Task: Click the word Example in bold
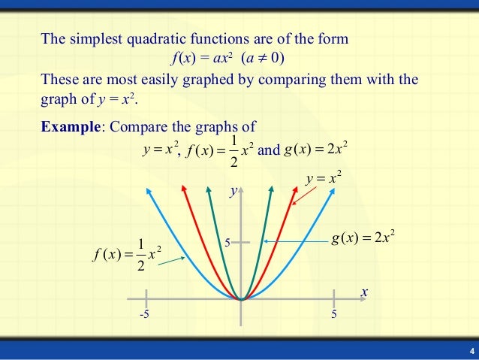(x=70, y=126)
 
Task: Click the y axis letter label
(x=233, y=192)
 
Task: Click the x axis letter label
(x=363, y=292)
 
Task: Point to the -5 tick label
(x=143, y=314)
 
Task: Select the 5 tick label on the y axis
(x=228, y=242)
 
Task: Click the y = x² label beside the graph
(x=324, y=179)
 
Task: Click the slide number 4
(x=471, y=352)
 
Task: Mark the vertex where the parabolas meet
(x=241, y=299)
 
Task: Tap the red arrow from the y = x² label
(x=304, y=195)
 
